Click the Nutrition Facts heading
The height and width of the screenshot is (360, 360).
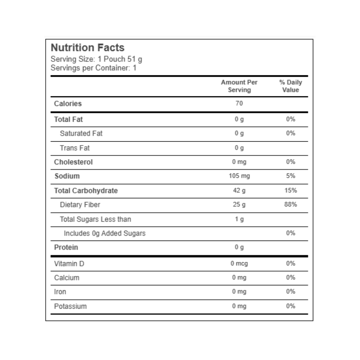pos(87,48)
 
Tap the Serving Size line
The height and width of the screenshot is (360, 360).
pos(96,59)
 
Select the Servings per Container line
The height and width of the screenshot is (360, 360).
pos(93,68)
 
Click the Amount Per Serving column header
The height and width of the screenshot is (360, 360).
pos(239,86)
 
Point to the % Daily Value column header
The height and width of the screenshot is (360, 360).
pos(290,86)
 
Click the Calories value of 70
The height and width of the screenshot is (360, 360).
pos(239,103)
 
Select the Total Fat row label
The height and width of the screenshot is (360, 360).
pos(68,119)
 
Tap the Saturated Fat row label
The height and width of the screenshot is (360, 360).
pos(81,133)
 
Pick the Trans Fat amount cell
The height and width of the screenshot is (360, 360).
pos(239,148)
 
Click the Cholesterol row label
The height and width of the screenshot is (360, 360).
pos(73,162)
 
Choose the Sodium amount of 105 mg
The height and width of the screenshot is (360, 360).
pos(239,176)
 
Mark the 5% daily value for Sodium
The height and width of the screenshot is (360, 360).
pos(290,176)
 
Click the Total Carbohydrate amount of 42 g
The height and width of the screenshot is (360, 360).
pos(239,190)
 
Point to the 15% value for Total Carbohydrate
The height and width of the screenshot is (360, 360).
pos(290,190)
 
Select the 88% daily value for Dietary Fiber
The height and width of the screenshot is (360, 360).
pos(290,205)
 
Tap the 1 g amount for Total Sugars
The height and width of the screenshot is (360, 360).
pos(239,219)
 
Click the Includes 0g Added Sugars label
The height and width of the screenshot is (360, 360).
pos(104,233)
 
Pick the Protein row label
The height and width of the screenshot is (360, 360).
pos(66,247)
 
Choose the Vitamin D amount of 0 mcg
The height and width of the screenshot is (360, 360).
pos(239,264)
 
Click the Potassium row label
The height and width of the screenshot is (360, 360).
pos(70,306)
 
